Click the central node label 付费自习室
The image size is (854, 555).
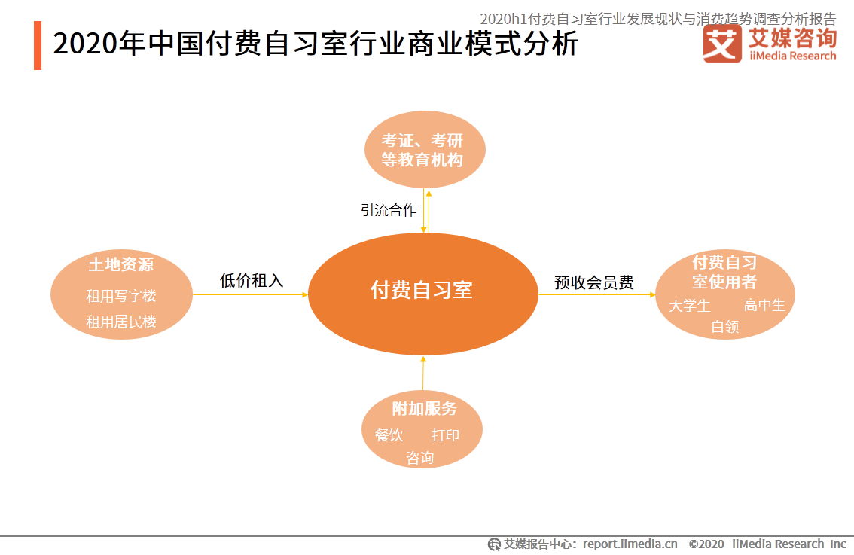tap(422, 290)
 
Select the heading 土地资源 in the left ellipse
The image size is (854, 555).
tap(121, 265)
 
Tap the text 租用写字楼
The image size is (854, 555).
tap(121, 296)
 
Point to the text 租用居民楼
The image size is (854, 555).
tap(121, 322)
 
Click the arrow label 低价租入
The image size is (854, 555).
tap(251, 280)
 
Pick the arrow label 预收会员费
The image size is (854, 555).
tap(593, 282)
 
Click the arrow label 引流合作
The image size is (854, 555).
tap(389, 209)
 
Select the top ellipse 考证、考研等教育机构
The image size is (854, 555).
tap(425, 149)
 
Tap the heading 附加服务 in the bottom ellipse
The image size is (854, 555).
tap(424, 408)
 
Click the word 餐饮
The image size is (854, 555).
tap(389, 435)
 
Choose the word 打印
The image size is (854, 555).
tap(446, 435)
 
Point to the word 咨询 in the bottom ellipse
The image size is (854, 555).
tap(420, 458)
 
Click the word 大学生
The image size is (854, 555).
tap(690, 306)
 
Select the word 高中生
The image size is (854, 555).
tap(764, 305)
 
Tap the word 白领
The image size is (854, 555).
tap(725, 326)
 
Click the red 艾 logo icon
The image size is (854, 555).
tap(722, 44)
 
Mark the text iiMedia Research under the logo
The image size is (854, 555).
tap(792, 56)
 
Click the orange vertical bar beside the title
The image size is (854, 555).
tap(38, 45)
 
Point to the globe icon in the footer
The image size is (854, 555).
tap(494, 544)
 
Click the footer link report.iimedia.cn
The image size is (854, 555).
tap(630, 544)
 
